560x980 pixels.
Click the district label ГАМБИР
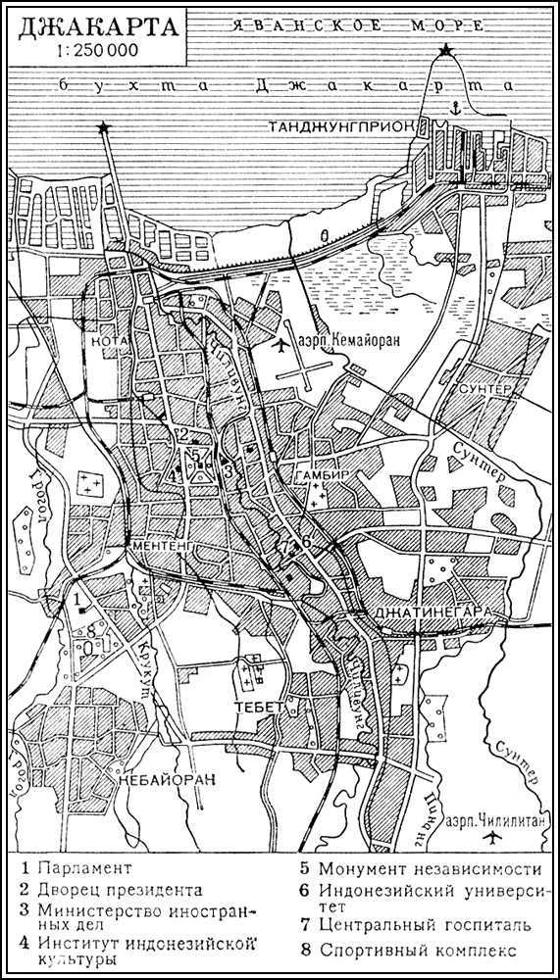tap(317, 475)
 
